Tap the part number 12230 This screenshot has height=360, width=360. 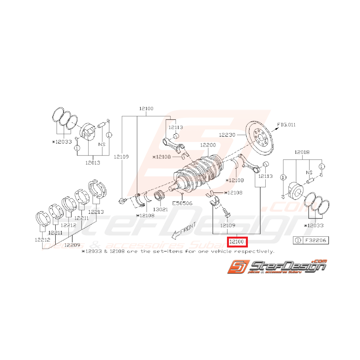[x=227, y=135]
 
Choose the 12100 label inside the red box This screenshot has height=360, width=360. [x=237, y=242]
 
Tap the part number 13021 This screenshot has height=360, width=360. [x=160, y=209]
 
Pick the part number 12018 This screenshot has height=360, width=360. [x=302, y=152]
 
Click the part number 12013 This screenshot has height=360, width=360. [x=92, y=163]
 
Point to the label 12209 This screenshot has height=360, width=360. [x=72, y=244]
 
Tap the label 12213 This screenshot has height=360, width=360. [x=96, y=212]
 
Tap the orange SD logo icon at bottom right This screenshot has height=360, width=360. [x=237, y=268]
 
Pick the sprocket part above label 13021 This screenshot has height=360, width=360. [x=159, y=196]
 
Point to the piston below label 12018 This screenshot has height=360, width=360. [x=299, y=190]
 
